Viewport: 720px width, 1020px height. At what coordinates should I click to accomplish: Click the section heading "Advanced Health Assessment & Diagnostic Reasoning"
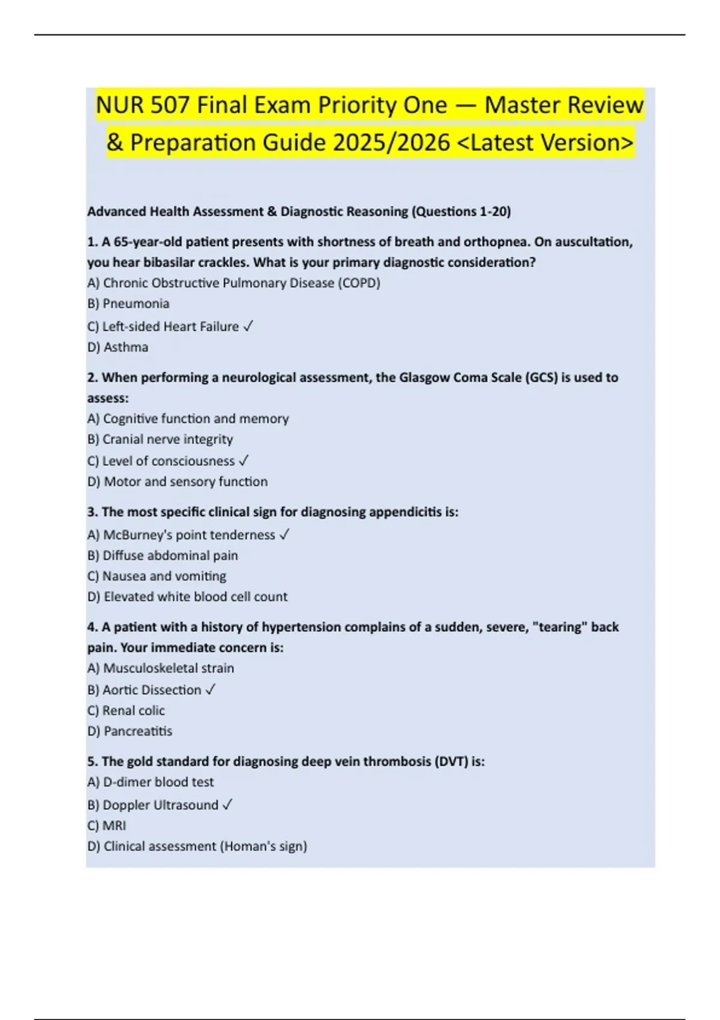tap(247, 212)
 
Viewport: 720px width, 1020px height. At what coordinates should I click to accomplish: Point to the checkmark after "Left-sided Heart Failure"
tap(248, 326)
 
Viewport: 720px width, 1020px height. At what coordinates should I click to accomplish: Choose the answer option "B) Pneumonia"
tap(128, 304)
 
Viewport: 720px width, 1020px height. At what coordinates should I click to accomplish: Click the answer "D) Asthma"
tap(118, 347)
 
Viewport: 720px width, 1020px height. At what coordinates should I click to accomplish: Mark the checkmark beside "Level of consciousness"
tap(244, 461)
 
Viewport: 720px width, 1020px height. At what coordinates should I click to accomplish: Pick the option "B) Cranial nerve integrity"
tap(160, 439)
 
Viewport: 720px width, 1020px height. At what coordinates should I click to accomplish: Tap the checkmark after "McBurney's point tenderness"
tap(284, 535)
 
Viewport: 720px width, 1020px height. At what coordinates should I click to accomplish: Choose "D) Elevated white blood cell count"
tap(187, 597)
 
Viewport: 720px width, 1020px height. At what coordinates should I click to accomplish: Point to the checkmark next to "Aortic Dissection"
tap(210, 690)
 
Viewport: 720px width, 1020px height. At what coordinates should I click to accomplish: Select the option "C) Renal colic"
tap(126, 711)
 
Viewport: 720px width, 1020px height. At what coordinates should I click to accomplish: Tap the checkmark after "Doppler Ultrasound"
tap(227, 805)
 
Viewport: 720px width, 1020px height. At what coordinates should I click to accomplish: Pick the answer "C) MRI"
tap(107, 826)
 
